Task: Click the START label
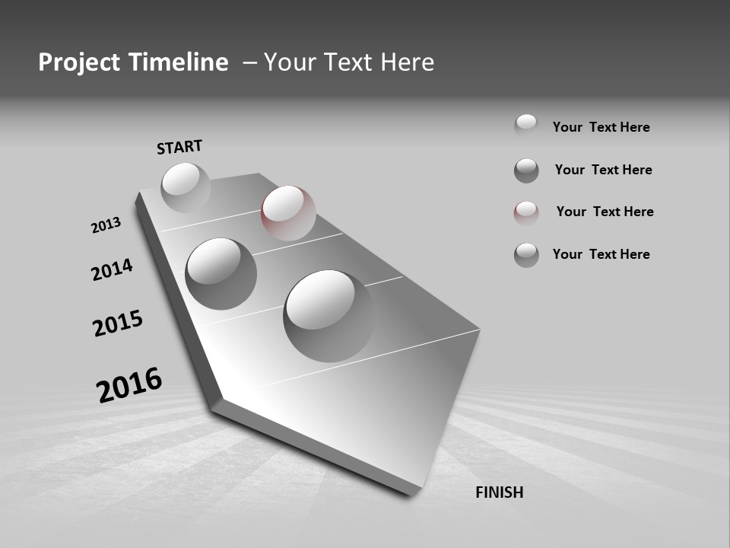(x=179, y=146)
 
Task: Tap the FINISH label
(x=499, y=492)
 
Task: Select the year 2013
(x=106, y=225)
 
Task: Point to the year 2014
(x=113, y=269)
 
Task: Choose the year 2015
(x=118, y=323)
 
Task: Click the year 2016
(x=129, y=384)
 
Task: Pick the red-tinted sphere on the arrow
(x=288, y=213)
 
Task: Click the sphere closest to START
(x=186, y=187)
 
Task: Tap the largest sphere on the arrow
(x=328, y=315)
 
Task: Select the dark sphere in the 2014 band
(x=221, y=273)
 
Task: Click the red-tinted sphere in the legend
(x=526, y=213)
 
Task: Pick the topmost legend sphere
(x=526, y=126)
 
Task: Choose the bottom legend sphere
(x=526, y=255)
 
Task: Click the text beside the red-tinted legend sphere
(x=605, y=212)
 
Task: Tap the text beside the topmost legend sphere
(x=601, y=127)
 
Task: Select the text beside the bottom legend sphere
(x=601, y=254)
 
